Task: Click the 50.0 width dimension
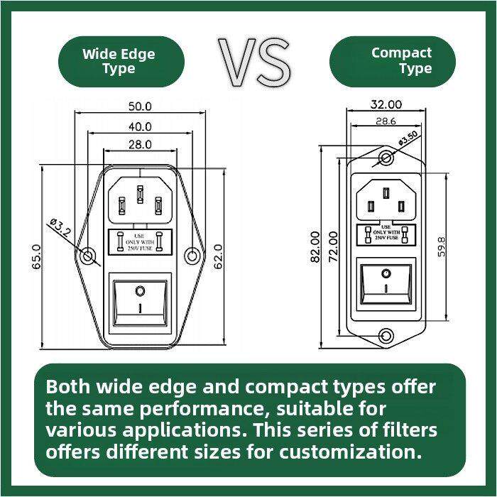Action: pyautogui.click(x=140, y=106)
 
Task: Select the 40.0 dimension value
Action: pyautogui.click(x=140, y=126)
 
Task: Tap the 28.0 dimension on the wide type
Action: pyautogui.click(x=140, y=145)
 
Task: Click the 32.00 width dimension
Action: pyautogui.click(x=386, y=104)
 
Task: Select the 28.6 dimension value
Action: pyautogui.click(x=386, y=121)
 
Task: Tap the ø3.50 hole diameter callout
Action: pyautogui.click(x=408, y=139)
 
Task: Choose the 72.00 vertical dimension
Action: pyautogui.click(x=332, y=246)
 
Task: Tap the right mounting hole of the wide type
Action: pyautogui.click(x=192, y=257)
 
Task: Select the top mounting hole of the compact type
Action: pyautogui.click(x=386, y=158)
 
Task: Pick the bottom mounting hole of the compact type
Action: pyautogui.click(x=386, y=336)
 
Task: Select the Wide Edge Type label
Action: pyautogui.click(x=119, y=61)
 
